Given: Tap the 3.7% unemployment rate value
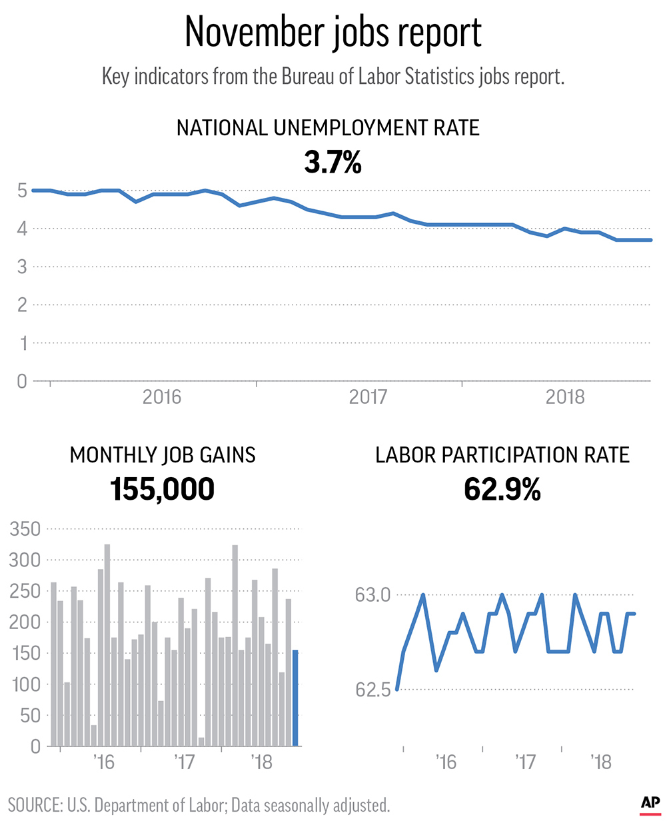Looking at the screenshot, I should tap(333, 162).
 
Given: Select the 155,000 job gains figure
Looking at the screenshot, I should tap(163, 489).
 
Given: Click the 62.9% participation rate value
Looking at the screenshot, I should tap(502, 490).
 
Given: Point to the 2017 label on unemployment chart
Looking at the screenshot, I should tap(368, 397).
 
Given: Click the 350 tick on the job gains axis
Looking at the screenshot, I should tap(25, 530).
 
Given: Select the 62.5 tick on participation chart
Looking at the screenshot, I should tap(376, 690).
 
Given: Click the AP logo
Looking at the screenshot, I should tap(650, 804).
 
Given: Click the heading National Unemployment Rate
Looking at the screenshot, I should tap(328, 128).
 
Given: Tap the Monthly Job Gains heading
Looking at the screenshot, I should tap(163, 455).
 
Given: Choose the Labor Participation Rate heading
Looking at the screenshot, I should tap(502, 455).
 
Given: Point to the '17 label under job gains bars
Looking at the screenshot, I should tap(185, 761).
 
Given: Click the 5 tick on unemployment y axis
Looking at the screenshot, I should tap(21, 191).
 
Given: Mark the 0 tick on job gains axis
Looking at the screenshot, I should tap(35, 747).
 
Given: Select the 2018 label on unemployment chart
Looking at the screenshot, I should tap(565, 397).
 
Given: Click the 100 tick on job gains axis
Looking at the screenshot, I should tap(25, 685).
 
